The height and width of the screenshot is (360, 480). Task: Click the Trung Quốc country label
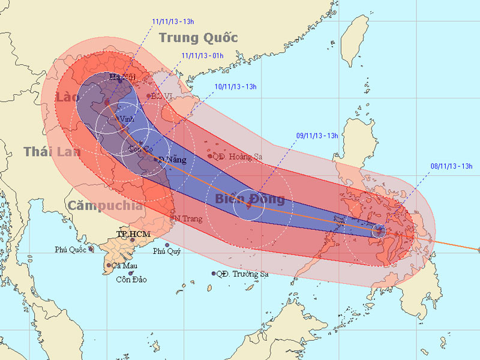point(199,38)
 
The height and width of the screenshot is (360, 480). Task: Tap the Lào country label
point(67,98)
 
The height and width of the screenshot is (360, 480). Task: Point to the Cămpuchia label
point(105,206)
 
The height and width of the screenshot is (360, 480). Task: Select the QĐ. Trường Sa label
point(242,274)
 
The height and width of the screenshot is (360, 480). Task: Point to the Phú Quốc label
point(70,249)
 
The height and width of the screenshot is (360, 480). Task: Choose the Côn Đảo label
point(131,280)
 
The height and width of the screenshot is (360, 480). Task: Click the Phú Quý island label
point(167,251)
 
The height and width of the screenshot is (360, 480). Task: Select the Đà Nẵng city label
point(172,160)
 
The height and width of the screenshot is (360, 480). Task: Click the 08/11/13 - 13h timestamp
point(452,166)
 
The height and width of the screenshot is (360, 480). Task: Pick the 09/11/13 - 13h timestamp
point(317,136)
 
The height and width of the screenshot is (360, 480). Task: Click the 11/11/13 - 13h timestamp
point(173,21)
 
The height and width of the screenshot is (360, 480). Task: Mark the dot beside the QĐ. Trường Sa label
point(214,274)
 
